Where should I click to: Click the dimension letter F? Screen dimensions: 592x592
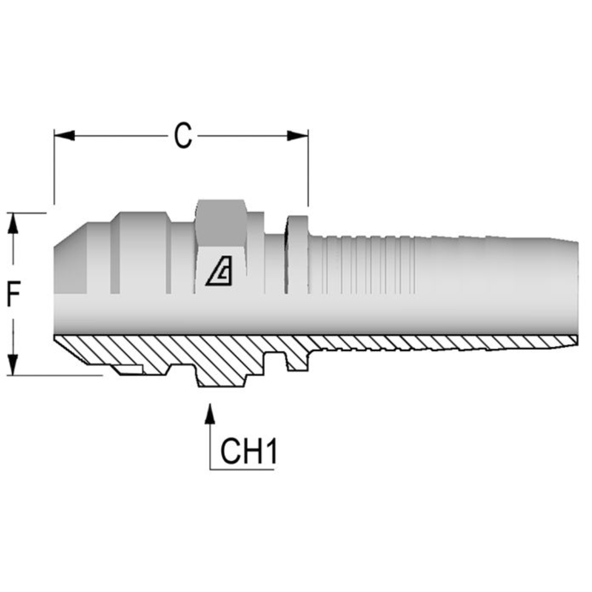[x=13, y=295]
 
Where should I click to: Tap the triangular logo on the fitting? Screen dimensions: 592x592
[x=219, y=272]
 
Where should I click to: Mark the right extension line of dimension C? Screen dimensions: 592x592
[x=308, y=170]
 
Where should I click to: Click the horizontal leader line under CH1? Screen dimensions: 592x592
[x=241, y=469]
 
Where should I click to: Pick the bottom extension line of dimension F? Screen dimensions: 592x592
[x=55, y=375]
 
